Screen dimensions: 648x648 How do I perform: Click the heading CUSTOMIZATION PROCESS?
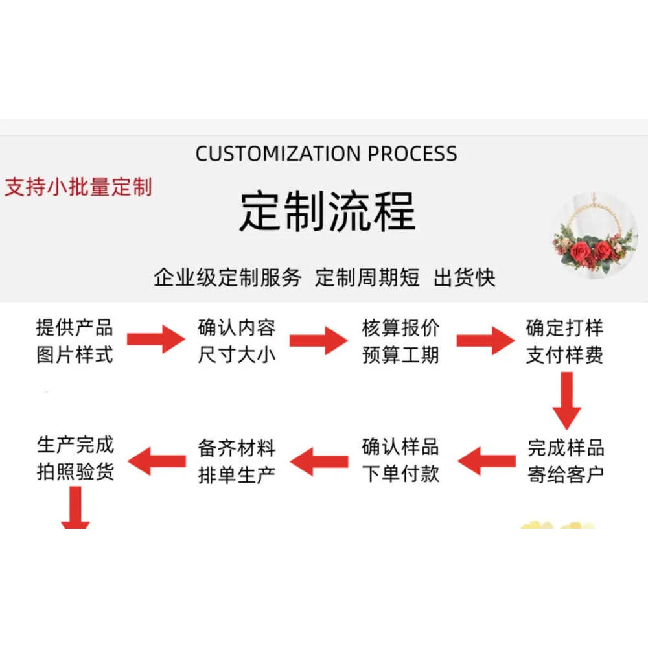pyautogui.click(x=326, y=154)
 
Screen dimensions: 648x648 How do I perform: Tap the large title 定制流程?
pyautogui.click(x=327, y=211)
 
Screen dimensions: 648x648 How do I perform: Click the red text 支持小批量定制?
pyautogui.click(x=78, y=187)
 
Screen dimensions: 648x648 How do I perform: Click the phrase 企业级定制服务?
pyautogui.click(x=227, y=277)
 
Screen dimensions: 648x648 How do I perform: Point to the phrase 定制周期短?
pyautogui.click(x=367, y=277)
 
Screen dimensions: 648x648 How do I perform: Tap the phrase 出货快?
pyautogui.click(x=465, y=277)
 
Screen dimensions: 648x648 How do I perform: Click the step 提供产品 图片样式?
pyautogui.click(x=75, y=341)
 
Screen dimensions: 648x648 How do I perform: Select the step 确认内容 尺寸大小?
pyautogui.click(x=237, y=341)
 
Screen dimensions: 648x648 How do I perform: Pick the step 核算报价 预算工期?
pyautogui.click(x=400, y=341)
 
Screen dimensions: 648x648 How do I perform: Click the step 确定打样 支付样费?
pyautogui.click(x=564, y=341)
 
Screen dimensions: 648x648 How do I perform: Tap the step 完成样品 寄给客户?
pyautogui.click(x=566, y=461)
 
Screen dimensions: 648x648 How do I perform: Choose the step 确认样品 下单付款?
pyautogui.click(x=400, y=461)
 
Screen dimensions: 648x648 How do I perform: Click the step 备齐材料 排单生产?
pyautogui.click(x=237, y=461)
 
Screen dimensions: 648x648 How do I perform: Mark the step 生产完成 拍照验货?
pyautogui.click(x=75, y=457)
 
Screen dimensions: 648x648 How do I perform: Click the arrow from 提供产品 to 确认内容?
pyautogui.click(x=156, y=339)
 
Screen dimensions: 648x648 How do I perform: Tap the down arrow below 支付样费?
pyautogui.click(x=566, y=400)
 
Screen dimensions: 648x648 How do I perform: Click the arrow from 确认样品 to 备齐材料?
pyautogui.click(x=319, y=461)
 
